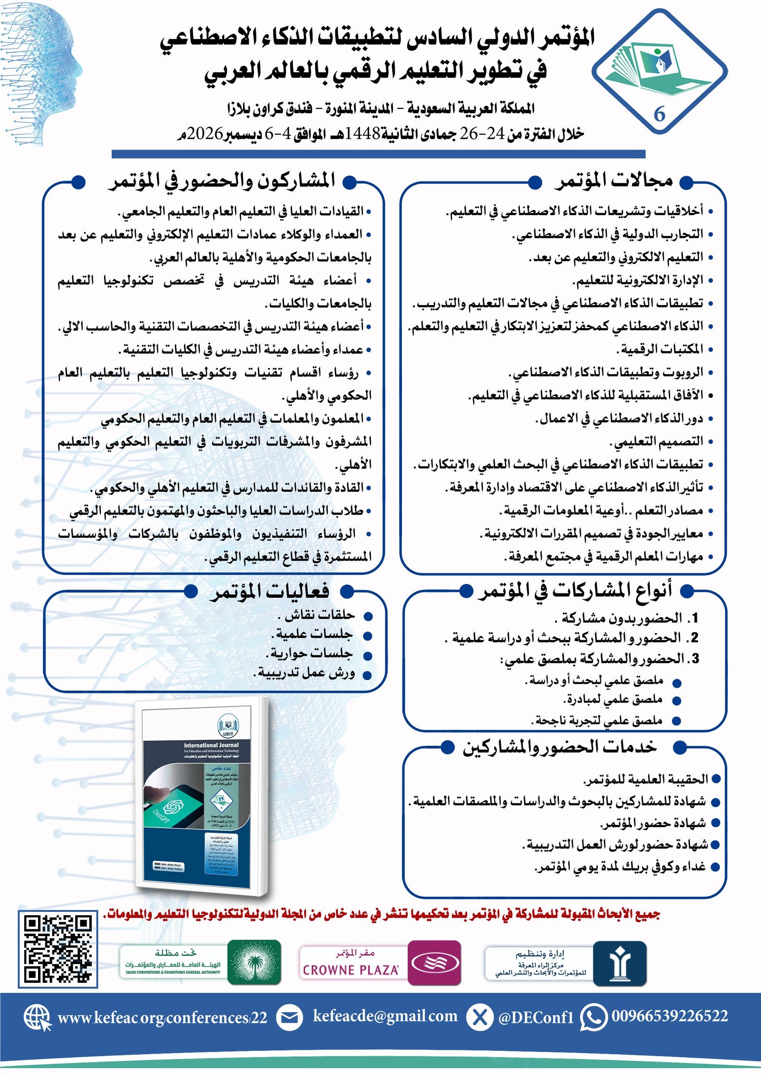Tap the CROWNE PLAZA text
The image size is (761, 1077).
coord(351,969)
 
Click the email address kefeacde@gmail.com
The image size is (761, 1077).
coord(385,1016)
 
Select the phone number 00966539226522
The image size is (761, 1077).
coord(669,1016)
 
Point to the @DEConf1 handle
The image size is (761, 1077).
coord(536,1018)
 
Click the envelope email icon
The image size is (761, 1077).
coord(289,1018)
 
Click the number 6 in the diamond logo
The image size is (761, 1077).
coord(659,114)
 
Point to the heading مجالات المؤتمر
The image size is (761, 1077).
coord(614,180)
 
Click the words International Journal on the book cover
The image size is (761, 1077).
coord(211,745)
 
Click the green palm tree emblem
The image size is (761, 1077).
coord(254,963)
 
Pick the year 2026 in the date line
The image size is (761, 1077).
coord(205,134)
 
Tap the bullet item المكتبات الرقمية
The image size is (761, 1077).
coord(660,349)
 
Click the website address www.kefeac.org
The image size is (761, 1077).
coord(162,1018)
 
